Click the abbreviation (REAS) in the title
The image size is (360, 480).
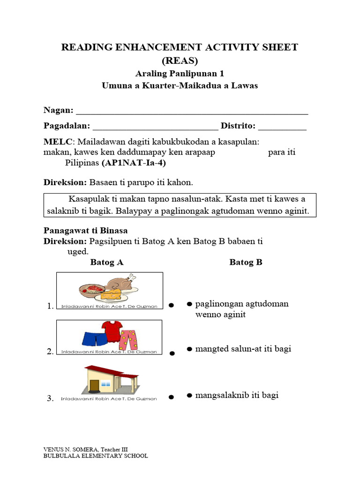180,61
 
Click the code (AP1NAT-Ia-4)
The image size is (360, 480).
134,163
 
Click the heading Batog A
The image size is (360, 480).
107,262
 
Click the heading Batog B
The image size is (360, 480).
246,262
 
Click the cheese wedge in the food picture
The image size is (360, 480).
112,294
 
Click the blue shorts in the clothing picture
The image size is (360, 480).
92,338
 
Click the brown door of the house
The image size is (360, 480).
94,385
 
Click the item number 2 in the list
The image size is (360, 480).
50,352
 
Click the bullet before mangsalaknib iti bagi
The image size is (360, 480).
189,395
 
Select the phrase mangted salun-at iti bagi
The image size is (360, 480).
243,349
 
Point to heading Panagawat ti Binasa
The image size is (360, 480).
85,231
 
